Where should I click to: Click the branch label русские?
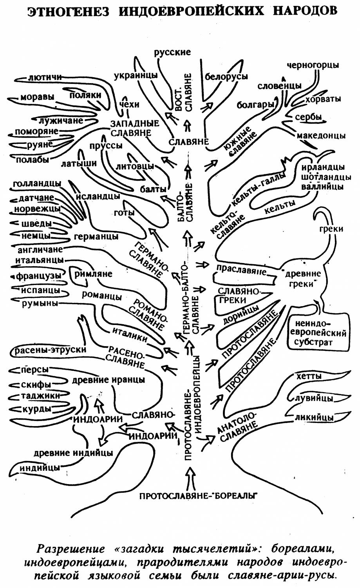point(172,52)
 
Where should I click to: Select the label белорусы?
point(226,76)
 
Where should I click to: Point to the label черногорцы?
point(313,65)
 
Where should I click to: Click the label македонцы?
point(321,136)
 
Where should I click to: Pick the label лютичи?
point(45,78)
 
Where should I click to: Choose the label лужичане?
point(61,120)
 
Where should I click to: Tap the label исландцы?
point(98,196)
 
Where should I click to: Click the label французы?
point(38,276)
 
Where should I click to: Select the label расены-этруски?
point(50,350)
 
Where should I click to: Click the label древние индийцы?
point(73,453)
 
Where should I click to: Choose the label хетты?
point(309,376)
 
